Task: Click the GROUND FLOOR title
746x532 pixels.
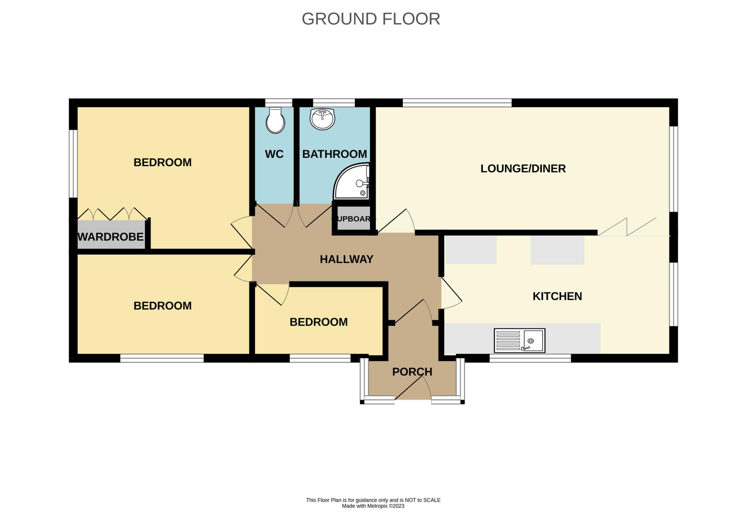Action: click(x=371, y=19)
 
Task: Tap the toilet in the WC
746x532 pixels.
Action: click(x=275, y=120)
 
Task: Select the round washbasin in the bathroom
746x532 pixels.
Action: click(x=322, y=119)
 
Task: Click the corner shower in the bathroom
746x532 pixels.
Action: click(x=352, y=181)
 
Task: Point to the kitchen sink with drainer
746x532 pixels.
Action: click(x=519, y=340)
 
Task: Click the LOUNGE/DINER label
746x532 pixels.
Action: click(x=523, y=169)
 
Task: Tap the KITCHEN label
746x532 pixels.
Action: click(x=557, y=296)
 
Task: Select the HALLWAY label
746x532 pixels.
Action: click(x=346, y=259)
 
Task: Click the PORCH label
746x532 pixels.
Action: click(x=412, y=372)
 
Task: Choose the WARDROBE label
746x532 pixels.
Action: click(x=111, y=237)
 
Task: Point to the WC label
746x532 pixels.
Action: click(x=274, y=154)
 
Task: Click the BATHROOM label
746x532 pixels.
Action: click(x=335, y=154)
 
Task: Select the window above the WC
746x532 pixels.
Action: click(x=279, y=103)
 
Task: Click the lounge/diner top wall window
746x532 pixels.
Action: click(x=457, y=103)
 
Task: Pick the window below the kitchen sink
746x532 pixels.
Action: click(x=530, y=358)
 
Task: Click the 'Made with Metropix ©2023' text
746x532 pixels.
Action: click(x=373, y=506)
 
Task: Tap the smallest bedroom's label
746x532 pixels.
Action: click(x=319, y=322)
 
